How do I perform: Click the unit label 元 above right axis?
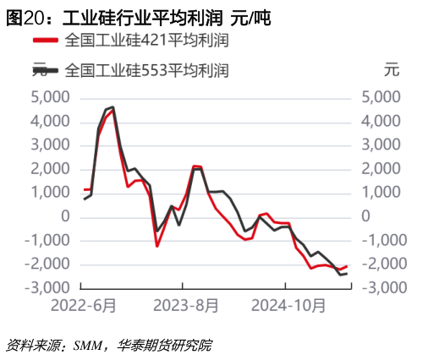click(390, 70)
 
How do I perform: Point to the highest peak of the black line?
click(112, 107)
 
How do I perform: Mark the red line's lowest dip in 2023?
click(157, 246)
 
